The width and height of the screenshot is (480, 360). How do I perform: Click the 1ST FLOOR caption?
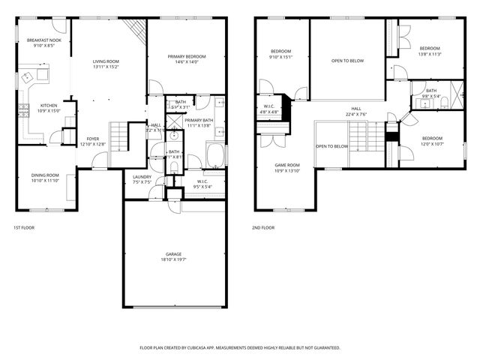click(x=24, y=227)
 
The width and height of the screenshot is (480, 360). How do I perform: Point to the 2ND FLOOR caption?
click(x=263, y=227)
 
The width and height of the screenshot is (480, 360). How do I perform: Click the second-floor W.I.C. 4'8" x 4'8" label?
click(x=268, y=109)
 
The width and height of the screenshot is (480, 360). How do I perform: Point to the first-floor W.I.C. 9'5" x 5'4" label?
click(x=202, y=184)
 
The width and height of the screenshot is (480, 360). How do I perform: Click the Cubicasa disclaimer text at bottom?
click(x=240, y=348)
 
